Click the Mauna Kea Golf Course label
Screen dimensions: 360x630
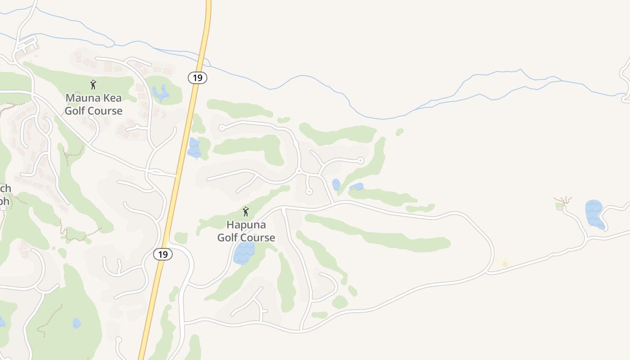coord(94,104)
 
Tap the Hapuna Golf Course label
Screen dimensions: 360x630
coord(246,231)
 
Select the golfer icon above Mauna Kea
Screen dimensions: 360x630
coord(93,85)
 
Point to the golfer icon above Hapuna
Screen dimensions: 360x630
coord(246,211)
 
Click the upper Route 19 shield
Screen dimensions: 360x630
coord(197,78)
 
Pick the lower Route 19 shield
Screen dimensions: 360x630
coord(163,254)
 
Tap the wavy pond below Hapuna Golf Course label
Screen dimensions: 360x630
coord(244,252)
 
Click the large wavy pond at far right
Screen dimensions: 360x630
coord(594,214)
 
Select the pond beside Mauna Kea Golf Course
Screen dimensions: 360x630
coord(160,93)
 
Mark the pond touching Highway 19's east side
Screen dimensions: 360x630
coord(194,148)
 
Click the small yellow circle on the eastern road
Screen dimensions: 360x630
coord(504,264)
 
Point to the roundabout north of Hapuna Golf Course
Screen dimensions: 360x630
coord(299,171)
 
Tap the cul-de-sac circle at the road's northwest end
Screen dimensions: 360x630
coord(221,128)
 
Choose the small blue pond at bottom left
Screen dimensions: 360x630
coord(77,323)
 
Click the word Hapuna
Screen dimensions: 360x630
coord(246,225)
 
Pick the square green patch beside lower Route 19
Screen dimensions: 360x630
coord(181,238)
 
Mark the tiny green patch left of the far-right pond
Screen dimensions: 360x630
coord(559,206)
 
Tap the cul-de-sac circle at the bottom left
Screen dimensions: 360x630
coord(118,340)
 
